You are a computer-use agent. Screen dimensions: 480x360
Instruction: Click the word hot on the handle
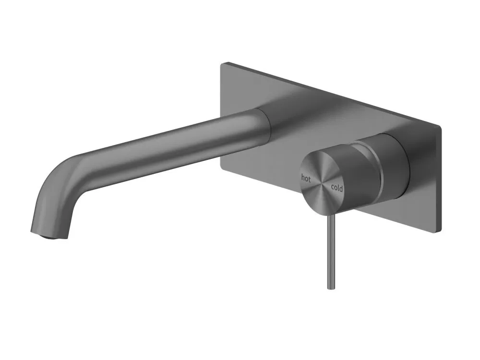click(x=306, y=178)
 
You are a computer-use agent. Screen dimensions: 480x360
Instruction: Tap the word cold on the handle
click(x=337, y=188)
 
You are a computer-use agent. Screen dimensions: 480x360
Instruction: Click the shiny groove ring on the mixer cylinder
click(x=378, y=171)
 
